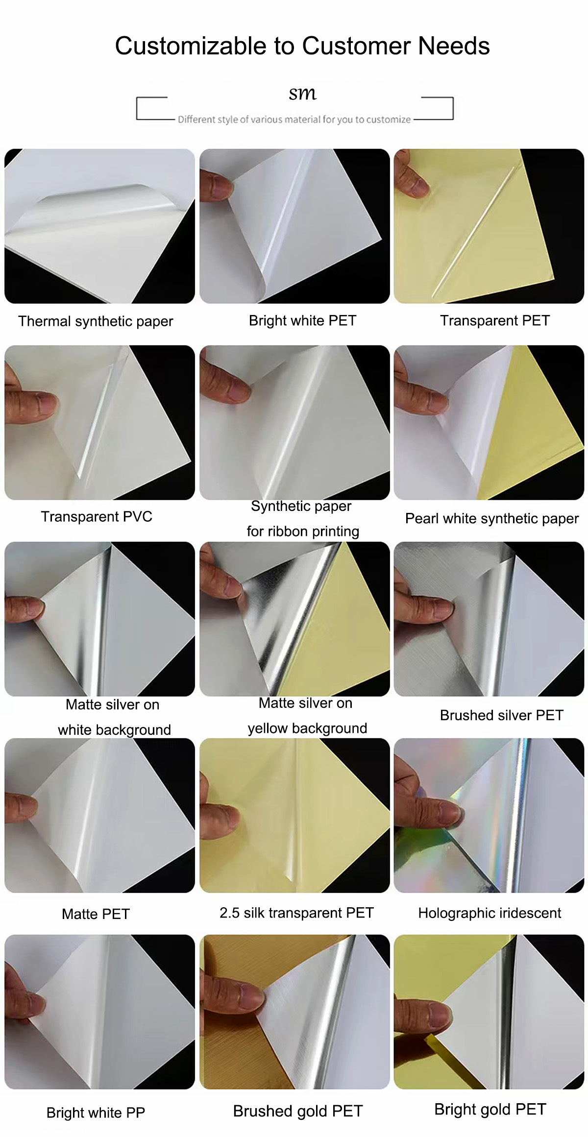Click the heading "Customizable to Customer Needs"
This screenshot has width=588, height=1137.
tap(302, 46)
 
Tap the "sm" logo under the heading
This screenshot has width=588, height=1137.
tap(302, 93)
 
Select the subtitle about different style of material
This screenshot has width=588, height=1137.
tap(294, 119)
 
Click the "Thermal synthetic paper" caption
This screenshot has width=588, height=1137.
tap(96, 321)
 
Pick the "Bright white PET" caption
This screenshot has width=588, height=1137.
tap(302, 320)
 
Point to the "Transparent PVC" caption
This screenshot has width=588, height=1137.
tap(97, 516)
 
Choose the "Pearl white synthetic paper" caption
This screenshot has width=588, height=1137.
tap(492, 519)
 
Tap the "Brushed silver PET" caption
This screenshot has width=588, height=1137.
tap(502, 715)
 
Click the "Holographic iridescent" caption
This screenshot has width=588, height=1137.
tap(490, 913)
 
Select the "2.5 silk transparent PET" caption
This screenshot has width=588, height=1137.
tap(296, 913)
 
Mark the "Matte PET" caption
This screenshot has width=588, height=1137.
tap(96, 914)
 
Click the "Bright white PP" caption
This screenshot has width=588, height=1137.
tap(96, 1113)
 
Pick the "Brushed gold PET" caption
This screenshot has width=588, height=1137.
tap(298, 1111)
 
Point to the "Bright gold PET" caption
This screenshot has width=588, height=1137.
tap(490, 1109)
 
